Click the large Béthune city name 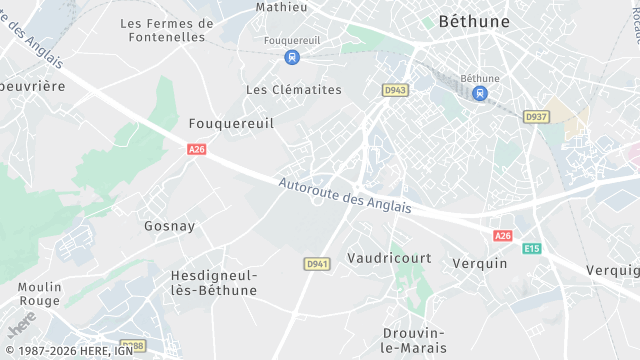474,21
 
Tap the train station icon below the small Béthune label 480,93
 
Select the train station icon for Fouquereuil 291,57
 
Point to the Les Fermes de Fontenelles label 167,30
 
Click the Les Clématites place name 293,89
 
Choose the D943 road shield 395,90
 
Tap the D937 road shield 537,117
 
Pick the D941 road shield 316,263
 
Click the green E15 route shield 531,248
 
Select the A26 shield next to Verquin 502,236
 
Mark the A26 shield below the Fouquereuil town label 197,149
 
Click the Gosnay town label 170,226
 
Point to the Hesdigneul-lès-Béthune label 213,282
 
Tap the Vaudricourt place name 389,258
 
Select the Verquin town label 480,263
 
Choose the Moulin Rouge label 40,294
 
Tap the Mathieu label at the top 281,6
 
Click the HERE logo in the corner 21,326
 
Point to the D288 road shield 132,346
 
